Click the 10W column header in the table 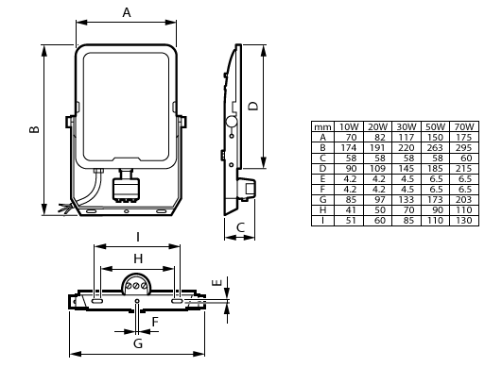tap(349, 125)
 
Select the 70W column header tap(463, 125)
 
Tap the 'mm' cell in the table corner tap(322, 125)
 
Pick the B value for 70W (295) tap(463, 147)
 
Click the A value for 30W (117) tap(407, 137)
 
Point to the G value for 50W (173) tap(435, 199)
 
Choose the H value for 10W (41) tap(349, 209)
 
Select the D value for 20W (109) tap(377, 168)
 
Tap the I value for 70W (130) tap(463, 220)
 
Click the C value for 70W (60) tap(463, 158)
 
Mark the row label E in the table tap(322, 178)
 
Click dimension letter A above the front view tap(127, 11)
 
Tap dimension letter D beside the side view tap(252, 107)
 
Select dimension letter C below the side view tap(240, 227)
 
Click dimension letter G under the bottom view tap(137, 343)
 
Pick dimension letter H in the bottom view tap(137, 258)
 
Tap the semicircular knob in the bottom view tap(138, 280)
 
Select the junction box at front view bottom tap(125, 187)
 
